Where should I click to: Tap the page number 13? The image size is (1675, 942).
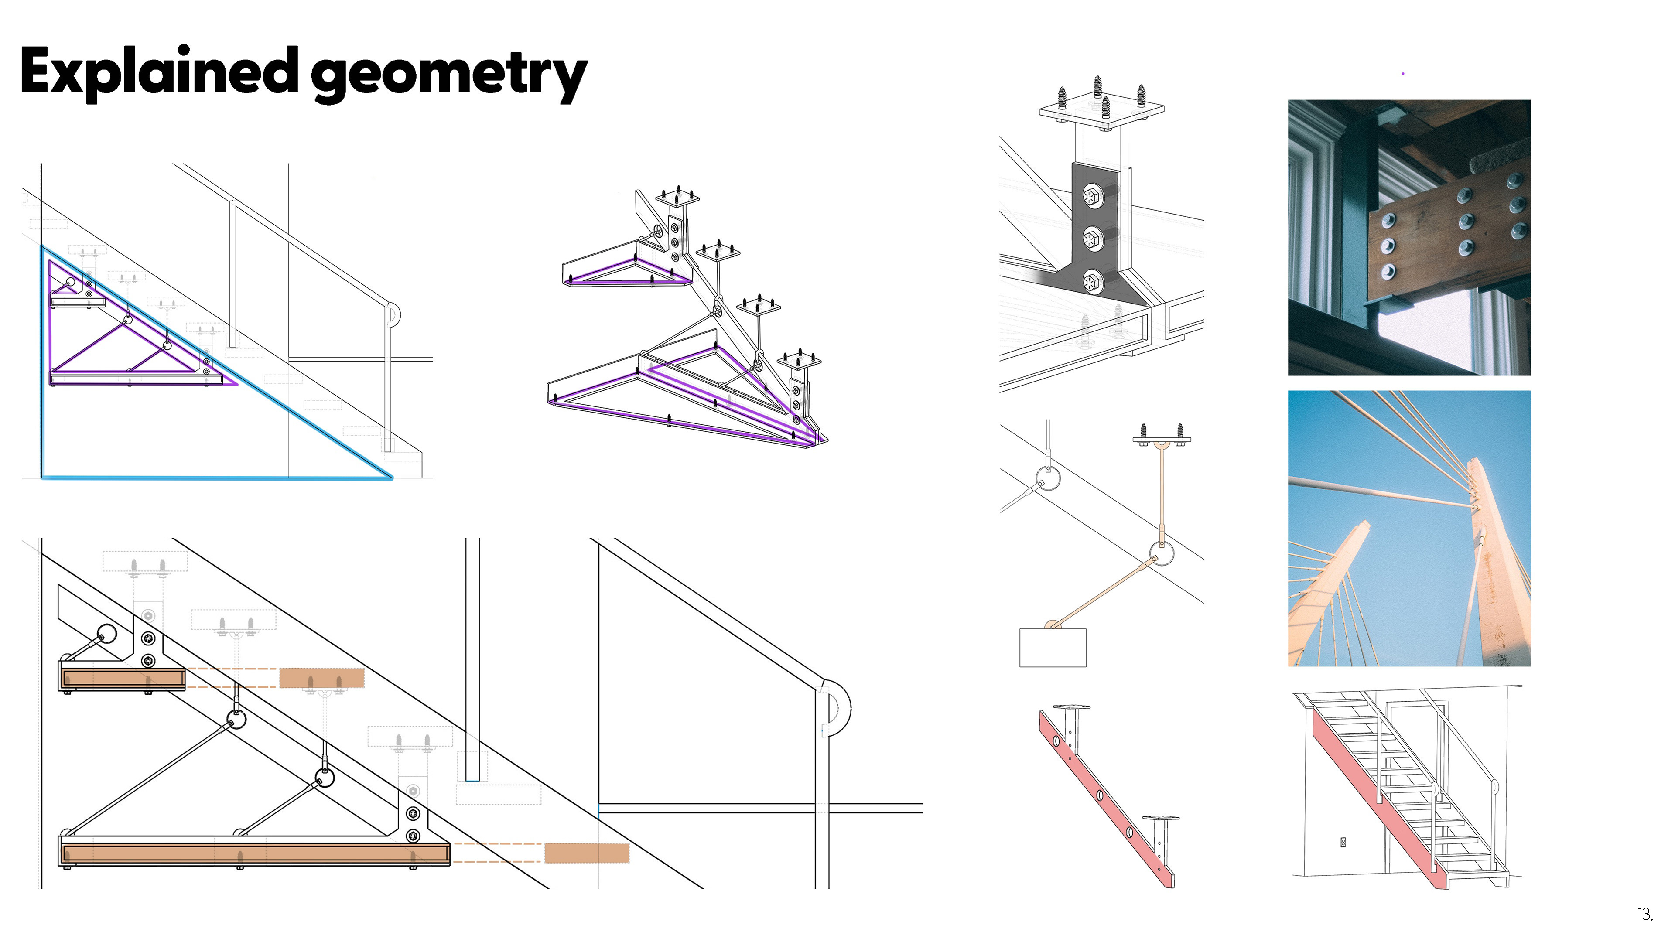[x=1644, y=915]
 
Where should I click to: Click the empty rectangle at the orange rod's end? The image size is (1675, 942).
[x=1052, y=648]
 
